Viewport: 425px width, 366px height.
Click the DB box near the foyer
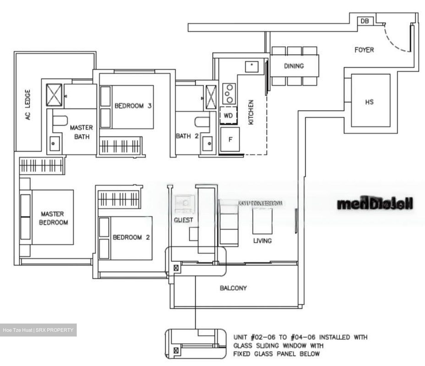(x=365, y=21)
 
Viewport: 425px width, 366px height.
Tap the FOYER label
(x=364, y=50)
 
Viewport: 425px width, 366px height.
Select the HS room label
(x=369, y=102)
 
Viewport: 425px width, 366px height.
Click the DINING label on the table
(x=294, y=66)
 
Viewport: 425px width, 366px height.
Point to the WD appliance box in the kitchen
(x=228, y=116)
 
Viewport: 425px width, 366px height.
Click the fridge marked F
(x=230, y=139)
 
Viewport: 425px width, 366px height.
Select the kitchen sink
(x=252, y=67)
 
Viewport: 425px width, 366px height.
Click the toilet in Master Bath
(x=60, y=121)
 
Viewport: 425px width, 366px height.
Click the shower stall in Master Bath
(x=55, y=95)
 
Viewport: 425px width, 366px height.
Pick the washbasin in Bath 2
(x=208, y=144)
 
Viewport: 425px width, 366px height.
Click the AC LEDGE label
(x=28, y=104)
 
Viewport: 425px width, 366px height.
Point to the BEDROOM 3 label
(x=133, y=106)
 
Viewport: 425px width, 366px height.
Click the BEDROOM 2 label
(x=131, y=237)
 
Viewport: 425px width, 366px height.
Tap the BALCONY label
(x=233, y=288)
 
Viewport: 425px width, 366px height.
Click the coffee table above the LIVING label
(x=262, y=221)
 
